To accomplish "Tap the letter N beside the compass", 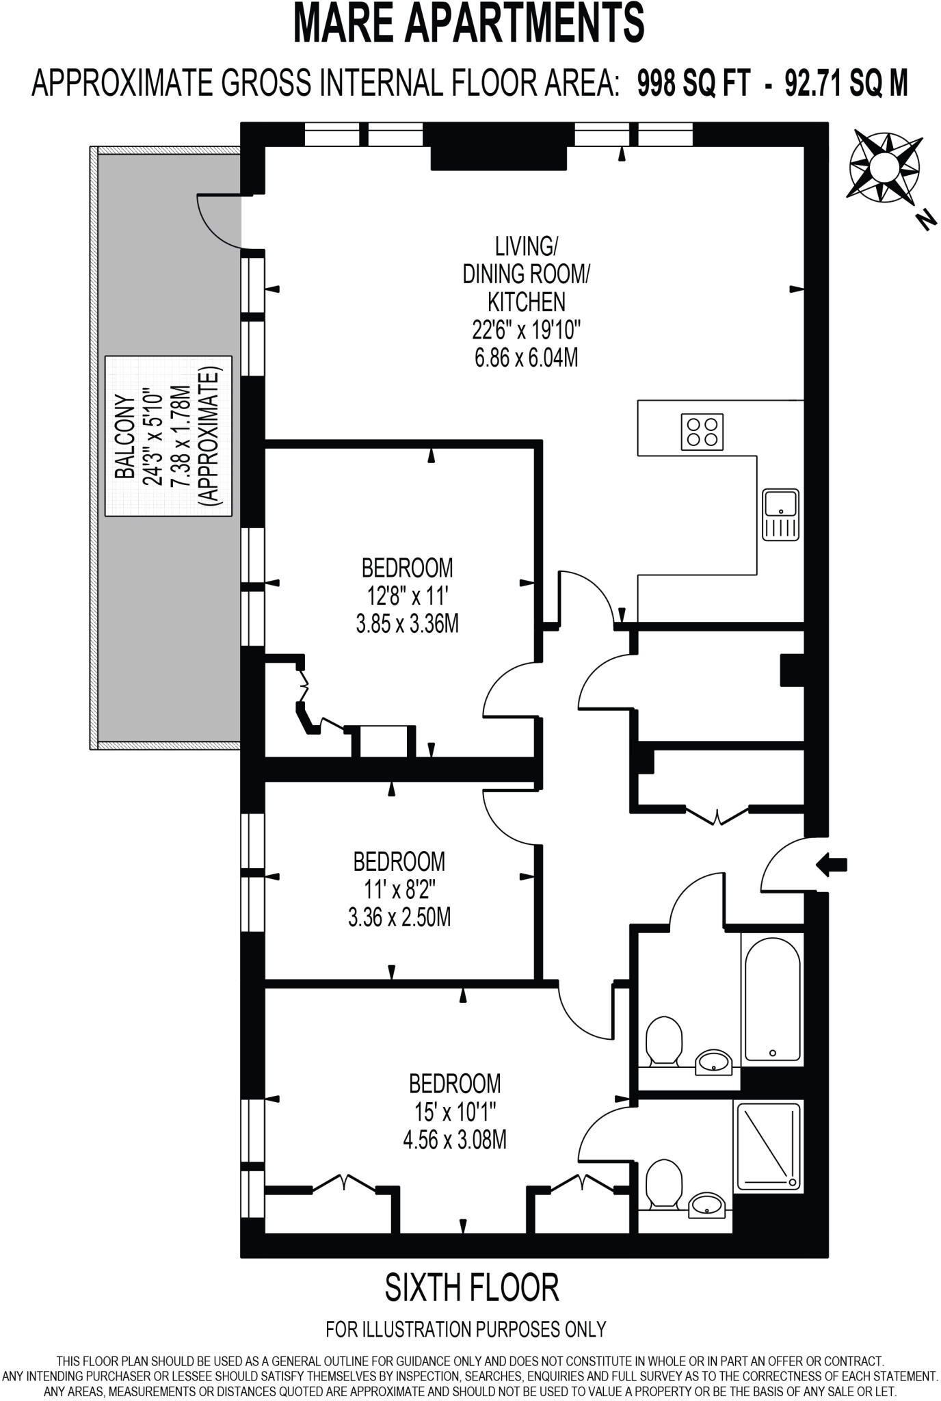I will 926,220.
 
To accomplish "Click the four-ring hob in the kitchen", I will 702,432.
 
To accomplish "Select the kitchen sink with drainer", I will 781,514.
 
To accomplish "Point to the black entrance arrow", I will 832,865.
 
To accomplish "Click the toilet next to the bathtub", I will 663,1040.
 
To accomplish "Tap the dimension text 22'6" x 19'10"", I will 526,330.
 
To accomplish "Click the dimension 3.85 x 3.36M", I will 407,624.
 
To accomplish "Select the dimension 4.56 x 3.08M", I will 455,1140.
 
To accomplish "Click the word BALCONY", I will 124,436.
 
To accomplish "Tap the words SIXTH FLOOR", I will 472,1287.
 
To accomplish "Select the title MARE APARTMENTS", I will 469,23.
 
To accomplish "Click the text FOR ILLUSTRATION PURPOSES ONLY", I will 466,1329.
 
